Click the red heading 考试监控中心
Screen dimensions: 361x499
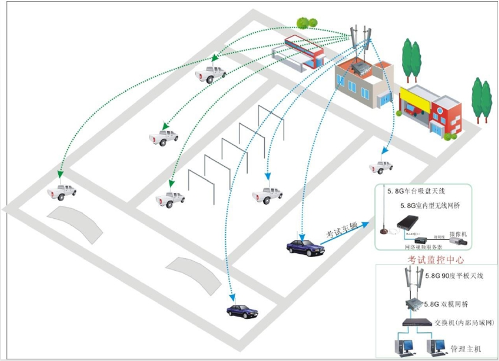[x=436, y=260]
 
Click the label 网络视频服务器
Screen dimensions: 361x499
[x=423, y=247]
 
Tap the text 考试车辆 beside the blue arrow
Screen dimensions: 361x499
[x=341, y=230]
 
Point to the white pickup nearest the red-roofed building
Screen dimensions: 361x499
[x=211, y=74]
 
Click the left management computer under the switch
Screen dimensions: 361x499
[x=404, y=346]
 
